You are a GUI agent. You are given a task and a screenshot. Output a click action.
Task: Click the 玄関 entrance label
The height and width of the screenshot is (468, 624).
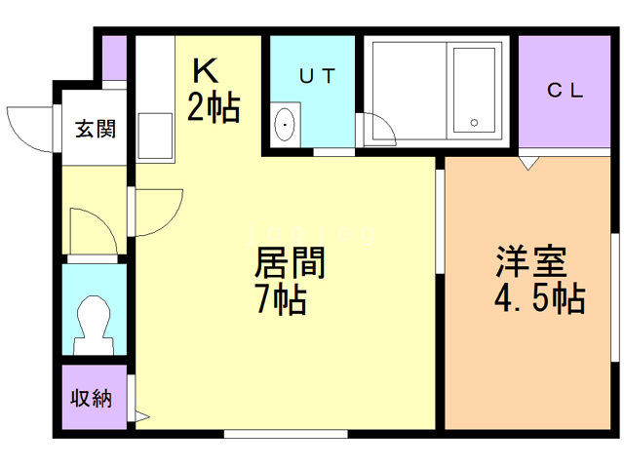point(97,128)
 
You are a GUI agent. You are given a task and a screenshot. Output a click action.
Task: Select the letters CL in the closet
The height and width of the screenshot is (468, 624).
point(565,91)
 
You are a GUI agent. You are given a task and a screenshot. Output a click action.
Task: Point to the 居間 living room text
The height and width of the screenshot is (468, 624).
point(290,263)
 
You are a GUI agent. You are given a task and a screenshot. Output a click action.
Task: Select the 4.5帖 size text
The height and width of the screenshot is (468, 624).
point(539,298)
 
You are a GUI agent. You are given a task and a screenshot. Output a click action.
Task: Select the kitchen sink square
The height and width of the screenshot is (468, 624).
point(154,136)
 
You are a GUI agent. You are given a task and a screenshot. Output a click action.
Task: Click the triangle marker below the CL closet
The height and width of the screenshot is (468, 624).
point(528,163)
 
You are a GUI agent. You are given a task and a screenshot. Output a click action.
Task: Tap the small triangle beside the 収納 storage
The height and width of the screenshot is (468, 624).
point(140,417)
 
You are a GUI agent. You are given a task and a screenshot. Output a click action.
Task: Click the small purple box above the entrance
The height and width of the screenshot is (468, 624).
point(115,58)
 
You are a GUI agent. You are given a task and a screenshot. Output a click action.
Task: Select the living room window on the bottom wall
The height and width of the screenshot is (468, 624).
point(285,432)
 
